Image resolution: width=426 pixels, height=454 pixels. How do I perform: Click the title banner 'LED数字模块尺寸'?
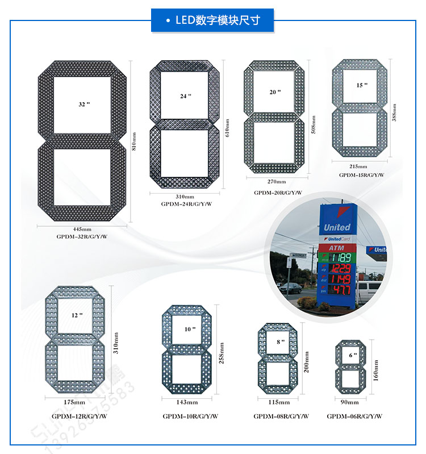point(212,20)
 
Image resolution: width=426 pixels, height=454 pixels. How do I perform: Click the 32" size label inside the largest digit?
point(84,105)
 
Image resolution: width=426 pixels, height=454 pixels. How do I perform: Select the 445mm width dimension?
point(82,229)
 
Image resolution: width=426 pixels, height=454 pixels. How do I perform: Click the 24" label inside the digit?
point(186,96)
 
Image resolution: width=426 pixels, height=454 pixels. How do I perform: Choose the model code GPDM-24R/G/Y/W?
point(185,203)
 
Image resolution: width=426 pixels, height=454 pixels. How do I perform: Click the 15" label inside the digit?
point(362,85)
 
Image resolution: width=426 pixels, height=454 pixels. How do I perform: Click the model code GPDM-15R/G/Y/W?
point(361,175)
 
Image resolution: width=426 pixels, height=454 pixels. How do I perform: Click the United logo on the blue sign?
point(337,227)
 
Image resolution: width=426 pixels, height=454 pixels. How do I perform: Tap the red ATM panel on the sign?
point(336,248)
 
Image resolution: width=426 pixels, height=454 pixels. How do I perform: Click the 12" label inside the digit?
point(77,315)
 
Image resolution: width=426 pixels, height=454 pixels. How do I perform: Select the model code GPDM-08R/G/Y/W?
point(281,416)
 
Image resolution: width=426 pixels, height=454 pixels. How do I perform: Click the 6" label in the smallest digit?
point(353,355)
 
